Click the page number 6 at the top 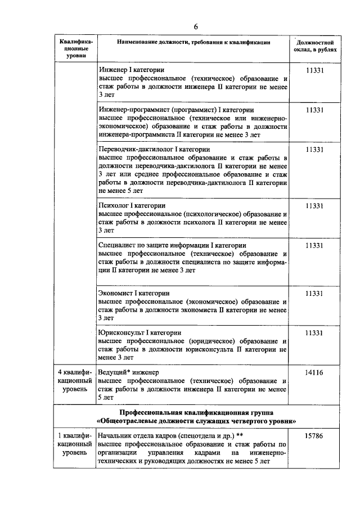point(196,26)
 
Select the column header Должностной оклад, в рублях point(315,46)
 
